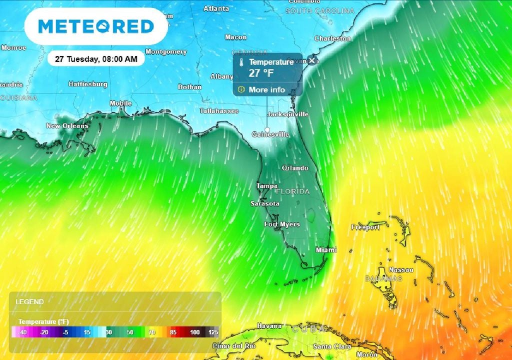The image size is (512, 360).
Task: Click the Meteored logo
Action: tap(95, 26)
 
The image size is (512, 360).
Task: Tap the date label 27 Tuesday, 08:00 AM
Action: tap(95, 59)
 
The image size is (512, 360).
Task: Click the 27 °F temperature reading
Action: tap(261, 73)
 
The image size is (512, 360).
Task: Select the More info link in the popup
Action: tap(266, 90)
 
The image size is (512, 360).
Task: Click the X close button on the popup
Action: tap(312, 60)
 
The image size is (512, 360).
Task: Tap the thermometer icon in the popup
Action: tap(241, 62)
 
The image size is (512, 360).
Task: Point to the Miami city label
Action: tap(326, 250)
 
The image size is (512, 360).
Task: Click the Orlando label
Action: tap(294, 168)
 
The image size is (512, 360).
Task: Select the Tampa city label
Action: tap(266, 186)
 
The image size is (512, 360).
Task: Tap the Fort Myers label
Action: tap(282, 224)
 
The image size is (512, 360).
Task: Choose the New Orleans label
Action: tap(67, 126)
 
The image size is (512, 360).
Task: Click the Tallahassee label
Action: tap(219, 111)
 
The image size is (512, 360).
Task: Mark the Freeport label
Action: tap(365, 227)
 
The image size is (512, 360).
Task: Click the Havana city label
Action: tap(269, 326)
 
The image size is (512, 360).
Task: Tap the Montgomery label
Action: tap(166, 52)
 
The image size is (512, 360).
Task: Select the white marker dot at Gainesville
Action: tap(267, 130)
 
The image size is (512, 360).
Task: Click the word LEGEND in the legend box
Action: tap(29, 302)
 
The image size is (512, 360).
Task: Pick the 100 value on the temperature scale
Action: tap(194, 332)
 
